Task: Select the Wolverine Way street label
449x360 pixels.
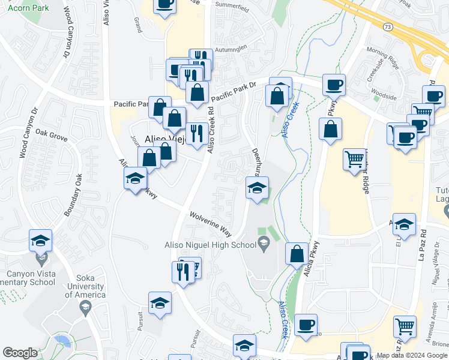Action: pos(210,223)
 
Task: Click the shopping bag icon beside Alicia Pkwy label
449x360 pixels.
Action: pos(297,254)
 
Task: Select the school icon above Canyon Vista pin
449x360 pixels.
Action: pos(41,241)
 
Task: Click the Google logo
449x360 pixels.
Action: pos(20,353)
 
